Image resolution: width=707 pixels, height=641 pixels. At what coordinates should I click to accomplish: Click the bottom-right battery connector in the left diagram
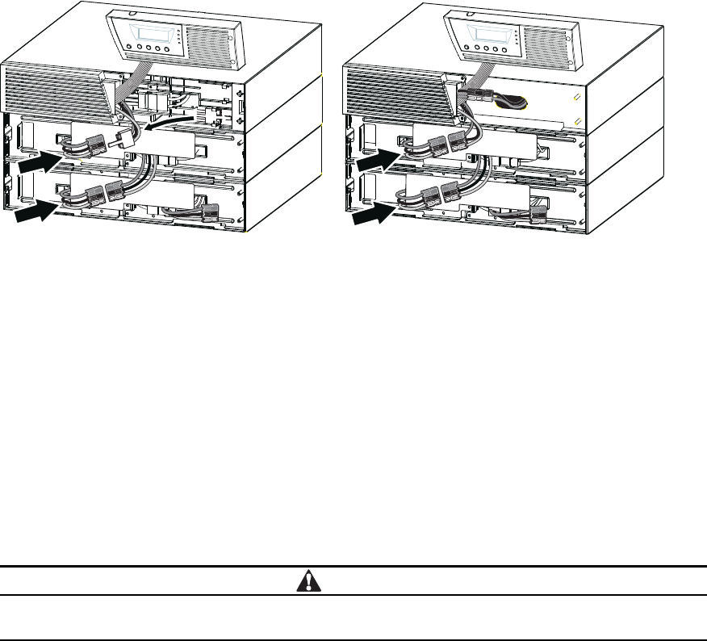211,212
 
